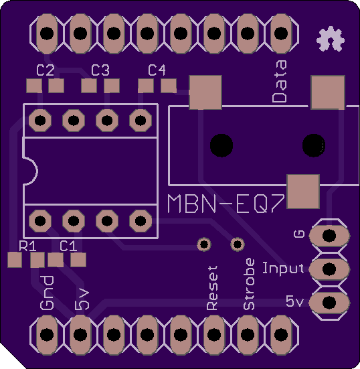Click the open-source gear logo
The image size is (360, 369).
tap(331, 39)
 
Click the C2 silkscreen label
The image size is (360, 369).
tap(45, 70)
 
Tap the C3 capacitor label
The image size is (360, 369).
tap(100, 70)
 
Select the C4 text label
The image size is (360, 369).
tap(157, 70)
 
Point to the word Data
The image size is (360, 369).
tap(280, 81)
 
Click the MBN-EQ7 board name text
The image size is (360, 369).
tap(226, 204)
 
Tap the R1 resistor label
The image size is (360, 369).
tap(27, 246)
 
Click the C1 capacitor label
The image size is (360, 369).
tap(68, 246)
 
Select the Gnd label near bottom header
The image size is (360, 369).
tap(47, 293)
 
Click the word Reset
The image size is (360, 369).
tap(212, 288)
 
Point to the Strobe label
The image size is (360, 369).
tap(249, 284)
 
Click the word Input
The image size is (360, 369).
tap(283, 269)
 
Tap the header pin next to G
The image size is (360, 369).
tap(329, 236)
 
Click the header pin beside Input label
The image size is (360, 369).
tap(329, 269)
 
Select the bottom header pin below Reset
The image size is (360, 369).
tap(213, 335)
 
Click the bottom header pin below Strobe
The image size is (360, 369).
tap(248, 335)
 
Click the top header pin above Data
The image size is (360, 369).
tap(281, 33)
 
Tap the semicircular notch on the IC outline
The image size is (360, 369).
tap(31, 171)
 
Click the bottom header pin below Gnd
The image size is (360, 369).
tap(47, 335)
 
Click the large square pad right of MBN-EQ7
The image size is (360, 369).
tap(303, 192)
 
